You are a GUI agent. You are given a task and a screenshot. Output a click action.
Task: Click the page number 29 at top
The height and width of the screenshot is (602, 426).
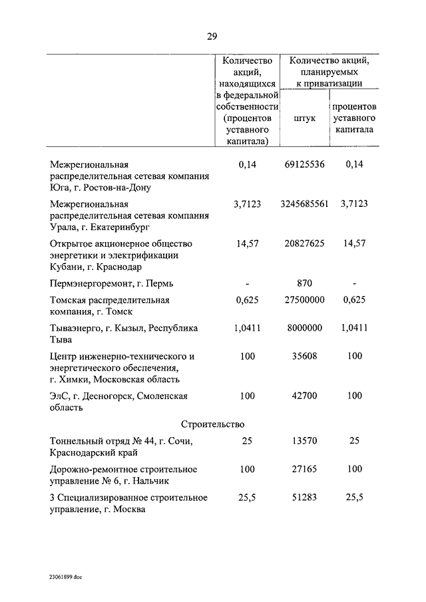212,36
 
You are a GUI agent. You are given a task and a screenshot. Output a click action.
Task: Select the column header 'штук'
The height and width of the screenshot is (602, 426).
304,118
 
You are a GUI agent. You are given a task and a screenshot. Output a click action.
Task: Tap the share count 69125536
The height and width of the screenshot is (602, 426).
304,164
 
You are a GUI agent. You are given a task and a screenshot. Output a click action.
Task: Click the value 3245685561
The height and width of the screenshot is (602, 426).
304,204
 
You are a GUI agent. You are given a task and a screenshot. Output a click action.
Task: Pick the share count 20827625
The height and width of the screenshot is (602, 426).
304,244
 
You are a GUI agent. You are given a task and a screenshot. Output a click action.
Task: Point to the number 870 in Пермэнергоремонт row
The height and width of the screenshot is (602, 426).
304,283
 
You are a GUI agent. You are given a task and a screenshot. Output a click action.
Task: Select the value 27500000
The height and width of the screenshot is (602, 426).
304,300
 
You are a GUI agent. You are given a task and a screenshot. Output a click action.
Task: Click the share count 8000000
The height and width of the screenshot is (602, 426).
304,328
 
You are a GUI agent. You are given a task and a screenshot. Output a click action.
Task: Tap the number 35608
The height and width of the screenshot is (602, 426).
304,356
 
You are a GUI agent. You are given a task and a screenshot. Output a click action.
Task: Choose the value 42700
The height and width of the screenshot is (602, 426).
304,396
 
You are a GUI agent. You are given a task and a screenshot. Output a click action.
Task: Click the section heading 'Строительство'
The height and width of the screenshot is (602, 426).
213,424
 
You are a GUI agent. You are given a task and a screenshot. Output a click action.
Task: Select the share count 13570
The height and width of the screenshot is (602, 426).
304,441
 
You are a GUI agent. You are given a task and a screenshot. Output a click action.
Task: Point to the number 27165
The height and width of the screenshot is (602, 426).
304,469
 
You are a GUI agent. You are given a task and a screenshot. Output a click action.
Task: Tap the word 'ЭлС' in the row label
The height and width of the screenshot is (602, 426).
61,396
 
